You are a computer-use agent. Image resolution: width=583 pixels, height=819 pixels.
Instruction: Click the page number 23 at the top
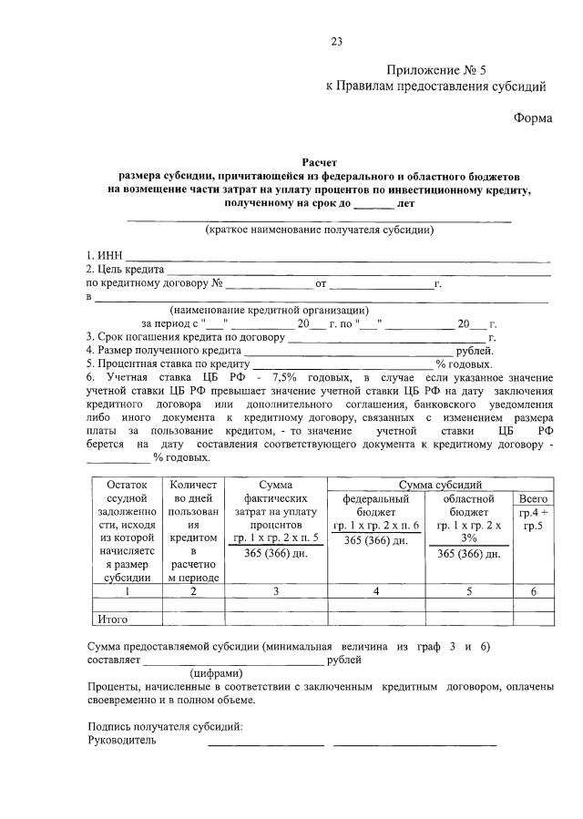click(x=336, y=41)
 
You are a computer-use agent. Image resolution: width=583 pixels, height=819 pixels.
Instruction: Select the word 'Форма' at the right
click(x=532, y=118)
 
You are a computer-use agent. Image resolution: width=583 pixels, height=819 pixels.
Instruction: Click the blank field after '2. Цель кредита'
click(x=359, y=271)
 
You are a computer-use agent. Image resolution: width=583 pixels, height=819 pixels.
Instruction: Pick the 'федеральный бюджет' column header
click(x=375, y=506)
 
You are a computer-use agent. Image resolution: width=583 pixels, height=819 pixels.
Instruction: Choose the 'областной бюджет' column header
click(x=468, y=506)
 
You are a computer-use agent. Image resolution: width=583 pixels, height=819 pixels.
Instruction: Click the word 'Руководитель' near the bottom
click(x=122, y=741)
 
